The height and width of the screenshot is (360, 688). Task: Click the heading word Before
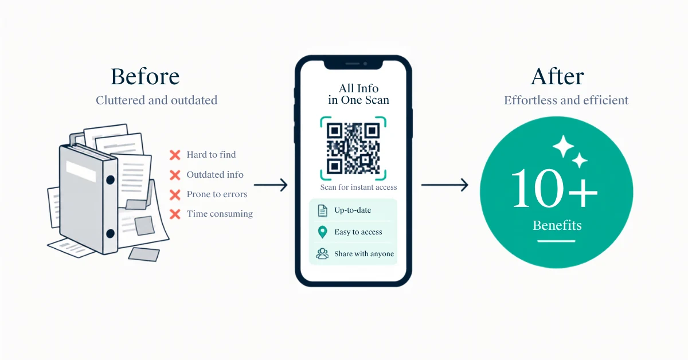click(145, 76)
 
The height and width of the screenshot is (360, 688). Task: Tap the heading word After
click(557, 76)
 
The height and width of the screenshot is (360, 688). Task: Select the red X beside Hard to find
click(175, 155)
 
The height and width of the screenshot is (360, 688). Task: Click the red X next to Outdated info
click(175, 175)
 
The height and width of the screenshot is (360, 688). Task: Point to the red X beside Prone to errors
click(175, 194)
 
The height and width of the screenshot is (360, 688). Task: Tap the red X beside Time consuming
click(175, 214)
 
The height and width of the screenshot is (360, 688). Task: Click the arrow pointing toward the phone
click(271, 185)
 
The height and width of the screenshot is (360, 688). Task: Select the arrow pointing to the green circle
click(445, 185)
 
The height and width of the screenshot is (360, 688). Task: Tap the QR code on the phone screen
click(353, 148)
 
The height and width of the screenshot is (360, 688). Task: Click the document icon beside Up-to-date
click(322, 210)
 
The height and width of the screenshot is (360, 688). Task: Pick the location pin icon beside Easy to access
click(322, 232)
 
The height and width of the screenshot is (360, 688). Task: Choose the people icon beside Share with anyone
click(322, 254)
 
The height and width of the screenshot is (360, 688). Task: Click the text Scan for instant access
click(358, 187)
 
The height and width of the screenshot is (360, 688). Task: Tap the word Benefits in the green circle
click(557, 225)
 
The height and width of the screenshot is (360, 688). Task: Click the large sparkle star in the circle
click(563, 146)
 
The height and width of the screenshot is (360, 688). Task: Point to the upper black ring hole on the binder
click(110, 179)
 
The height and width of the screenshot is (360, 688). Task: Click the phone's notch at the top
click(354, 64)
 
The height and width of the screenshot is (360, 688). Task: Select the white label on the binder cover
click(81, 171)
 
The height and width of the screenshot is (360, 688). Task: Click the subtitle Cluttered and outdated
click(157, 100)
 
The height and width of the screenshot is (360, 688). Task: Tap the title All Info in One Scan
click(358, 94)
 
